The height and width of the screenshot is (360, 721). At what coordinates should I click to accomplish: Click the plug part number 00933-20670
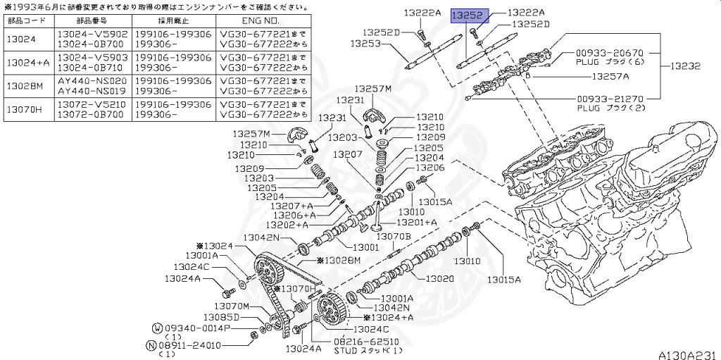pos(610,53)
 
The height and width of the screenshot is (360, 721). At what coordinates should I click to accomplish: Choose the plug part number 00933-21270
pos(610,99)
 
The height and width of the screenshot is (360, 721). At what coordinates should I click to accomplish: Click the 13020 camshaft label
pos(441,278)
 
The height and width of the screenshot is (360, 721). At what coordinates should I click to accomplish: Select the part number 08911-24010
pos(189,345)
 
